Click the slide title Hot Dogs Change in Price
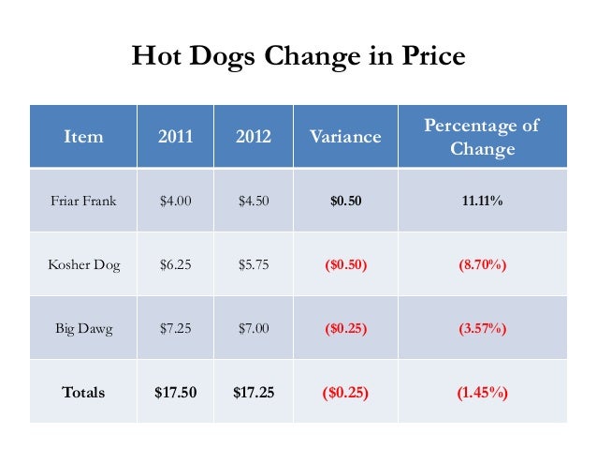(x=298, y=57)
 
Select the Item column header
(x=82, y=137)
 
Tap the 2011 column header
(x=175, y=137)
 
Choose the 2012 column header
(x=253, y=137)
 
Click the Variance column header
(x=345, y=137)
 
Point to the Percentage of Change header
(x=482, y=137)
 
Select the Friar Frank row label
(x=82, y=200)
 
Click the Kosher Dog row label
(x=82, y=264)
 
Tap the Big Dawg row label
(x=82, y=329)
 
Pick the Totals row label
(x=83, y=393)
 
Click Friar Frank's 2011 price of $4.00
(x=175, y=200)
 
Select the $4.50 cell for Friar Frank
(x=253, y=200)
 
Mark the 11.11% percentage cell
(x=482, y=200)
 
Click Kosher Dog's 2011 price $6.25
(x=175, y=264)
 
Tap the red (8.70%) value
(x=482, y=264)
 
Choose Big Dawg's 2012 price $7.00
(x=253, y=329)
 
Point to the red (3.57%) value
(x=482, y=329)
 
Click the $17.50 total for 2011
(x=175, y=393)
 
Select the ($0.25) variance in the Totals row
(x=345, y=393)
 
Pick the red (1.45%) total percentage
(x=482, y=393)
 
